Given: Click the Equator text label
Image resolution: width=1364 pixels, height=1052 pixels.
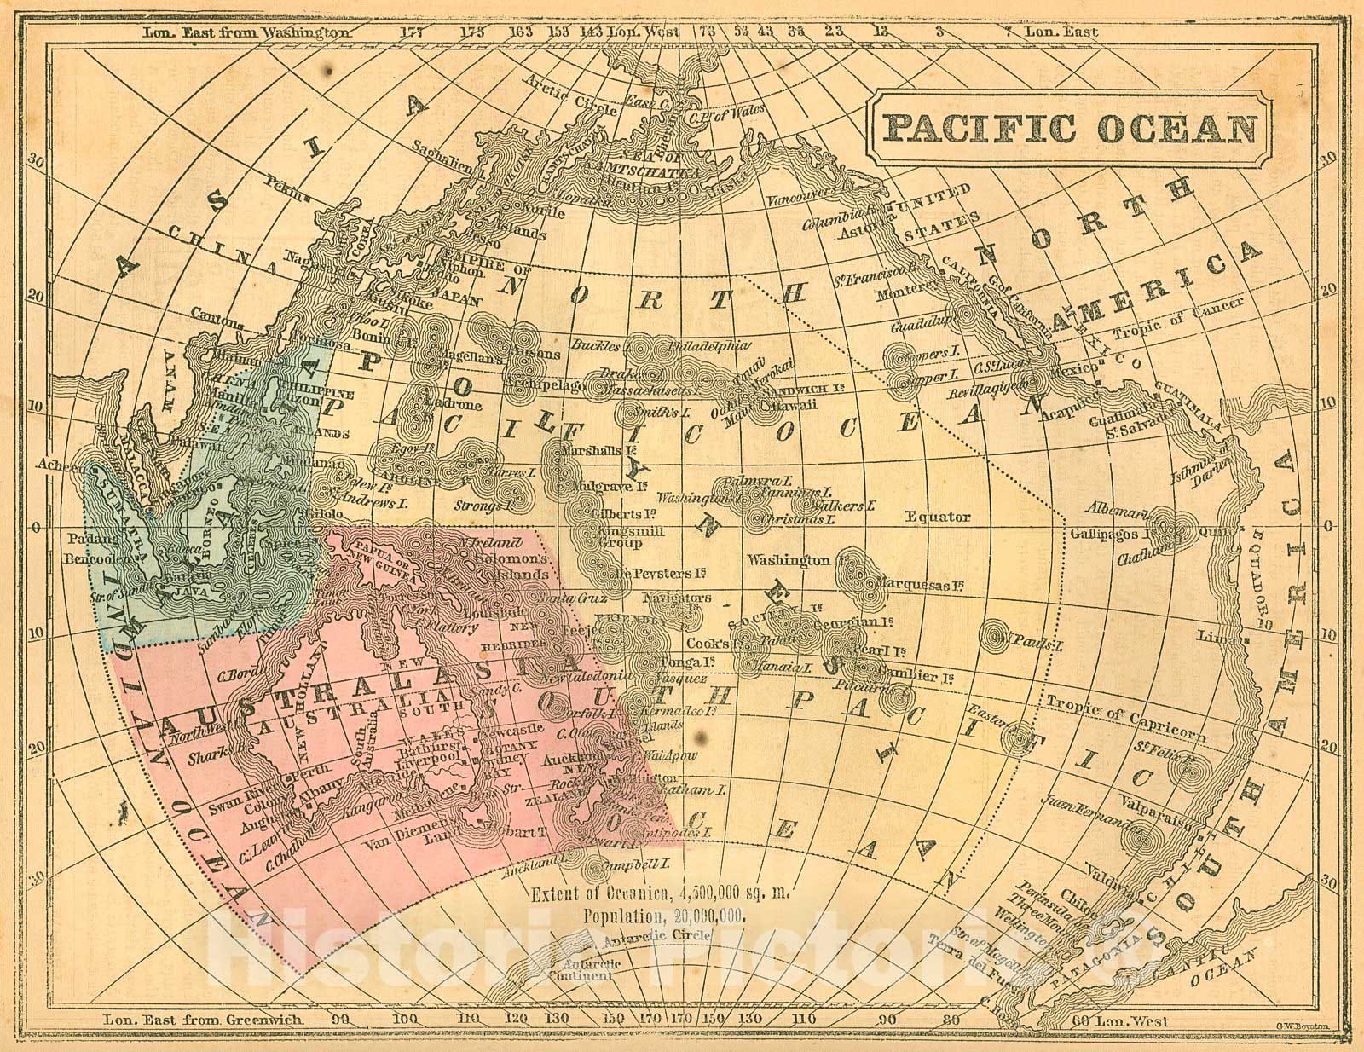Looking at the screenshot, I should click(x=937, y=516).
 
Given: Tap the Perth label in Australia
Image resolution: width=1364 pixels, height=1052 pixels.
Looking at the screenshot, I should click(x=310, y=778).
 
